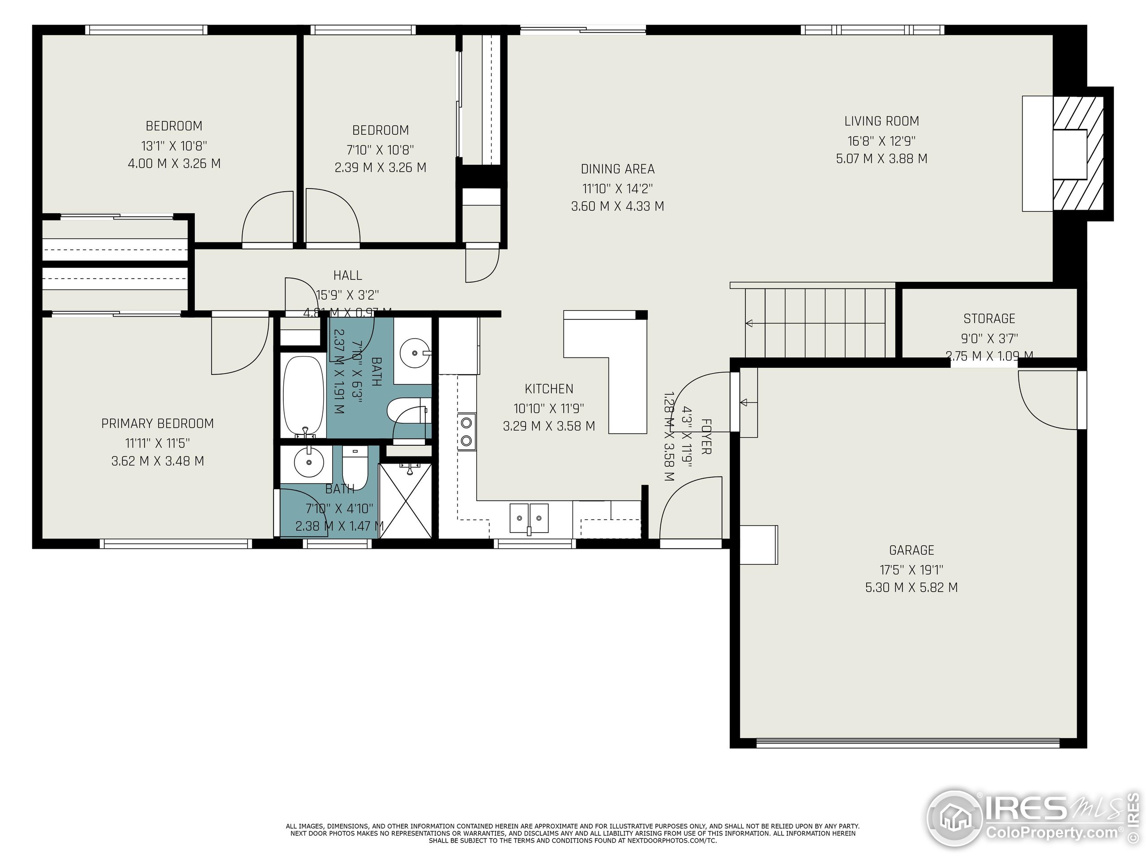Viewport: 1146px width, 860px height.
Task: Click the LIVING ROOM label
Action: (x=881, y=121)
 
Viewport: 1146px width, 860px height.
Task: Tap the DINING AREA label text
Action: (x=618, y=169)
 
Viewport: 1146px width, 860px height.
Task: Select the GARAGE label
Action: (x=911, y=550)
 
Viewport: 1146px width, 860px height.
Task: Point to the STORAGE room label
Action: (x=989, y=318)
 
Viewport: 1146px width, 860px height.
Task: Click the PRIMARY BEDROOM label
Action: (x=158, y=424)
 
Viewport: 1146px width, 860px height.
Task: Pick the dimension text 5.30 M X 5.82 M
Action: (x=911, y=587)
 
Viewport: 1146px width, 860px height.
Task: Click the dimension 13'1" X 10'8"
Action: (x=174, y=146)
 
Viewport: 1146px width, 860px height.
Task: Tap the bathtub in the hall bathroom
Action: (x=304, y=396)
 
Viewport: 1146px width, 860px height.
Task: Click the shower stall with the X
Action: (x=406, y=501)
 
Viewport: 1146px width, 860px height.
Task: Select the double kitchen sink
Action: (x=529, y=518)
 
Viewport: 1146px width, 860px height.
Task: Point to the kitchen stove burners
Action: (x=467, y=432)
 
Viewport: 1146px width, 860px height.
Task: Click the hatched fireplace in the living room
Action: (x=1082, y=154)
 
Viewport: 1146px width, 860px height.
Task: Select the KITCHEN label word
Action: (x=549, y=389)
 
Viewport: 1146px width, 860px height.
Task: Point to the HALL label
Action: (x=347, y=275)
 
